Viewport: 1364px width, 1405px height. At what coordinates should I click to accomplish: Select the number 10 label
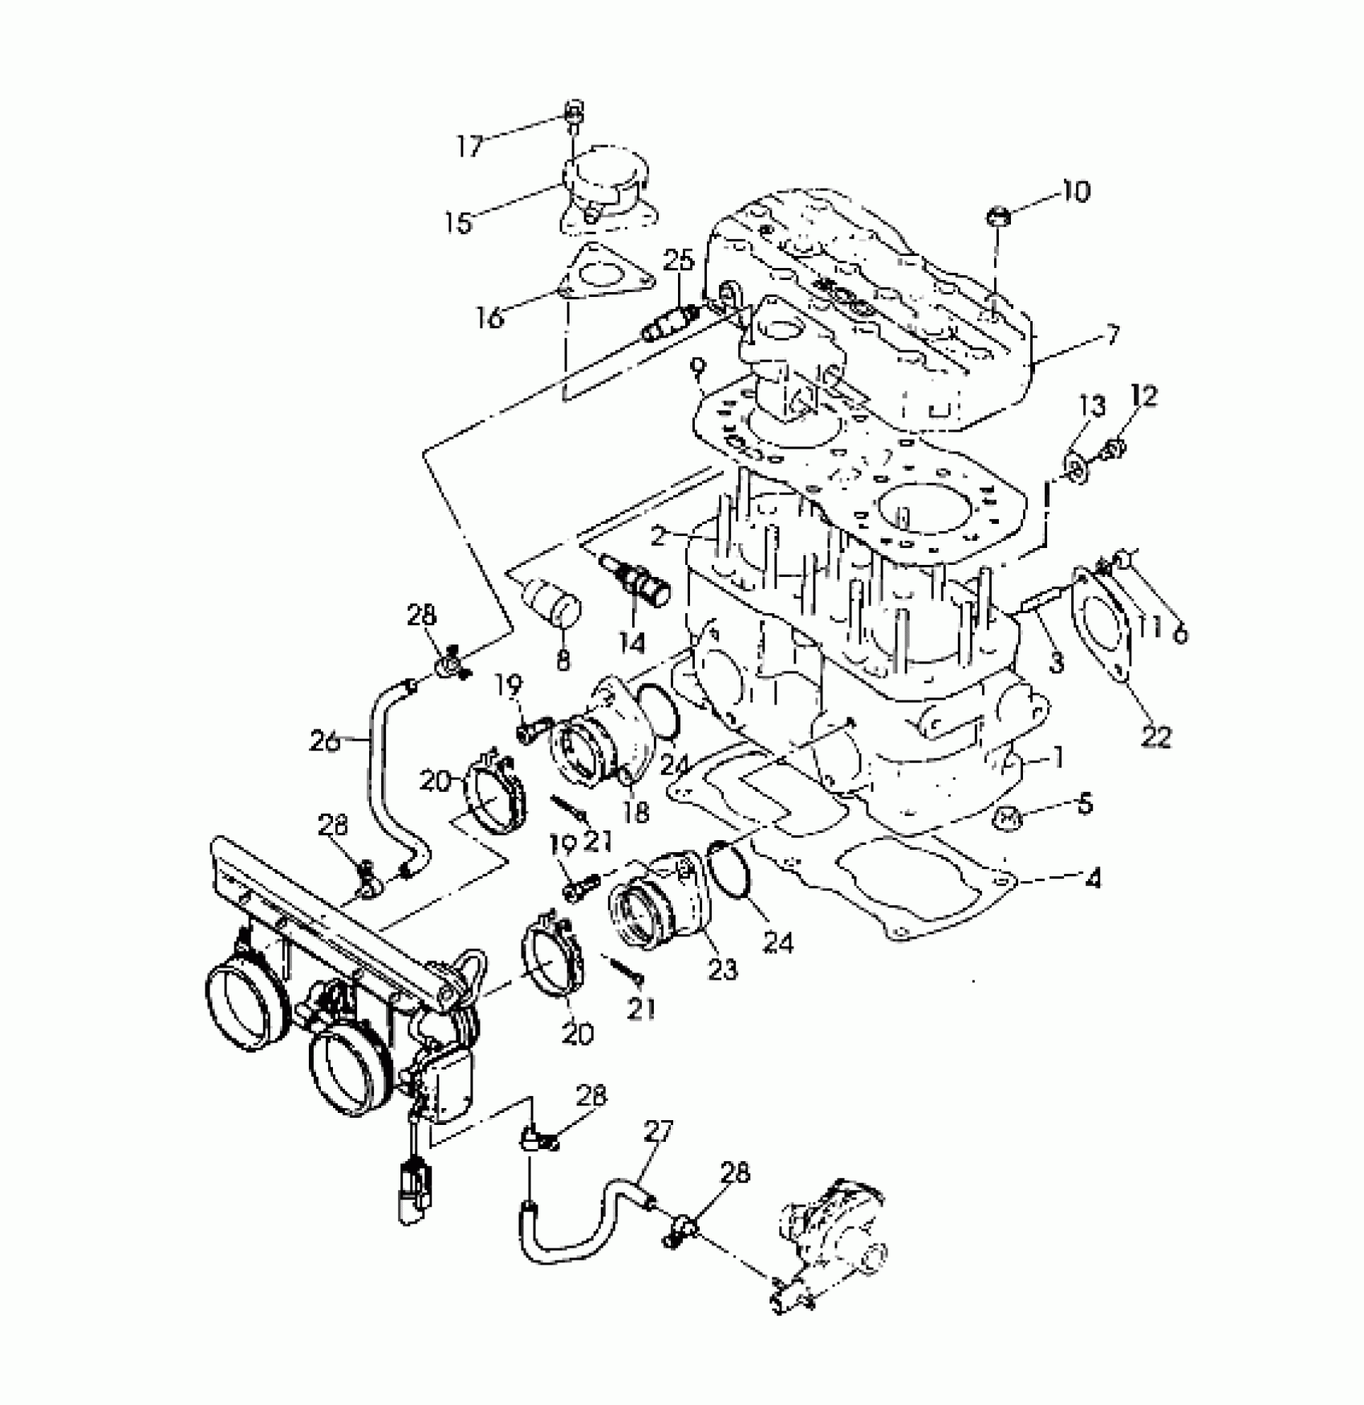(x=1076, y=192)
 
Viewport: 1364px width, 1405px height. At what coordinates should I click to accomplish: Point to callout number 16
(x=489, y=318)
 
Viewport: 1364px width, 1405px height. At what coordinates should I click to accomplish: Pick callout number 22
(x=1155, y=736)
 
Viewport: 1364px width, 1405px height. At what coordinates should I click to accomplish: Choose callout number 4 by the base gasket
(x=1092, y=879)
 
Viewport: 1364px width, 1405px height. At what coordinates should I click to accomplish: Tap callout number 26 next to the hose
(x=325, y=741)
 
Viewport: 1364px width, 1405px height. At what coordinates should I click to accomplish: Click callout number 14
(x=631, y=642)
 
